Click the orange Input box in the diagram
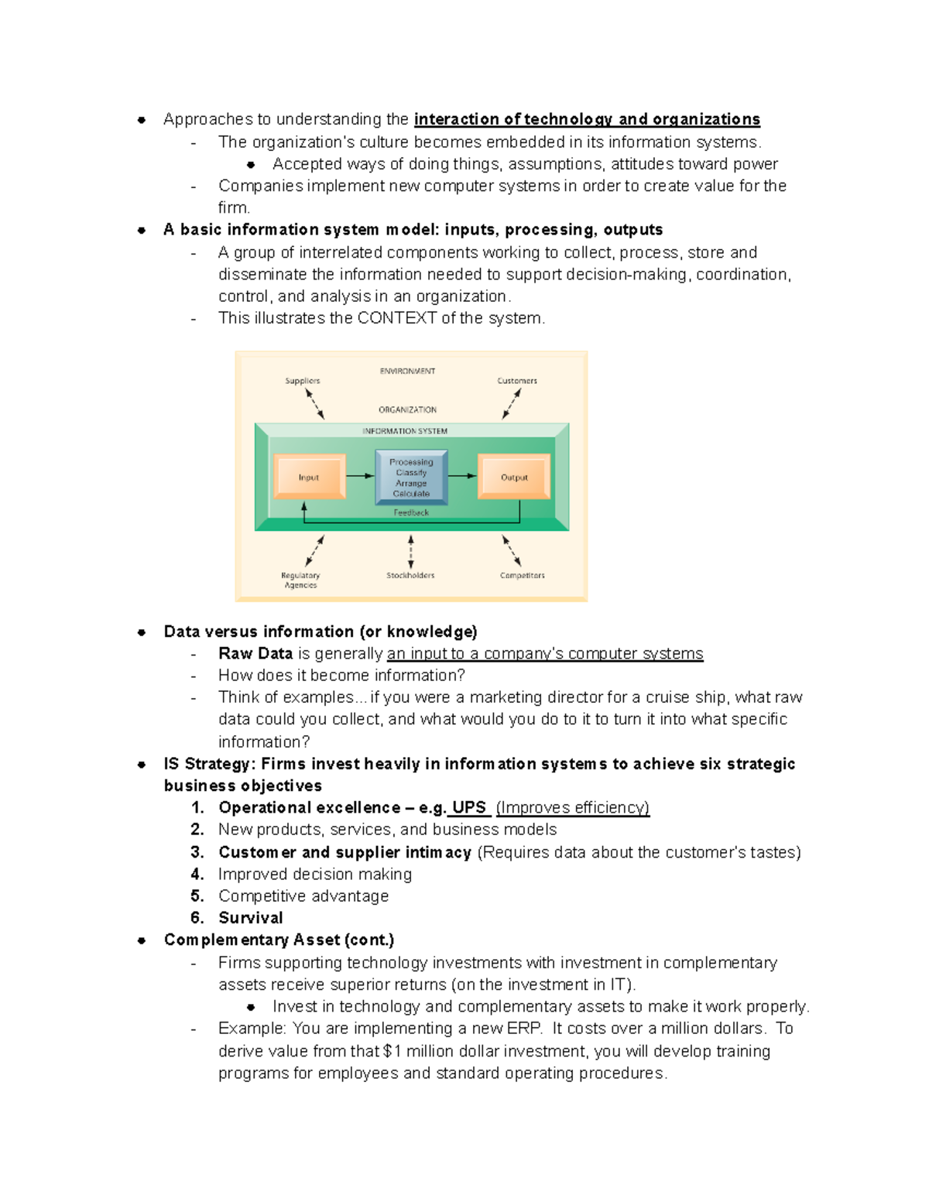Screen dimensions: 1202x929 point(309,477)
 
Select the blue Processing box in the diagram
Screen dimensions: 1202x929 point(411,477)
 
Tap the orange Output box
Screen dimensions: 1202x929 point(514,477)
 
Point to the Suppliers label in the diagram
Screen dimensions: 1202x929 point(302,381)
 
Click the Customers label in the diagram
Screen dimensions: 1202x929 point(517,381)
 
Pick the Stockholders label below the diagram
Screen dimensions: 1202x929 point(410,575)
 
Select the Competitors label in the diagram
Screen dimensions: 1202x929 point(522,575)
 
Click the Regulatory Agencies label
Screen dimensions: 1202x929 point(300,580)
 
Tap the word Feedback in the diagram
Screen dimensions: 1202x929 point(411,512)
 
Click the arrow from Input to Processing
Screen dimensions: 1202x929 point(359,476)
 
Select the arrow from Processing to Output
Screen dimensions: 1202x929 point(462,476)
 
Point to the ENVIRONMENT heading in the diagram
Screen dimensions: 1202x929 point(407,371)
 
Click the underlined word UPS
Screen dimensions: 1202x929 point(469,807)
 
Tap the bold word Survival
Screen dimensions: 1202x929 point(251,917)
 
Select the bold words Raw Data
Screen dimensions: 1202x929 point(255,653)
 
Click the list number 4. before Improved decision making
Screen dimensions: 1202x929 point(197,874)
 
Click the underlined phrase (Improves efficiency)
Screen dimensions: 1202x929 point(573,807)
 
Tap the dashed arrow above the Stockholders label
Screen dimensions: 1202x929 point(411,551)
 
